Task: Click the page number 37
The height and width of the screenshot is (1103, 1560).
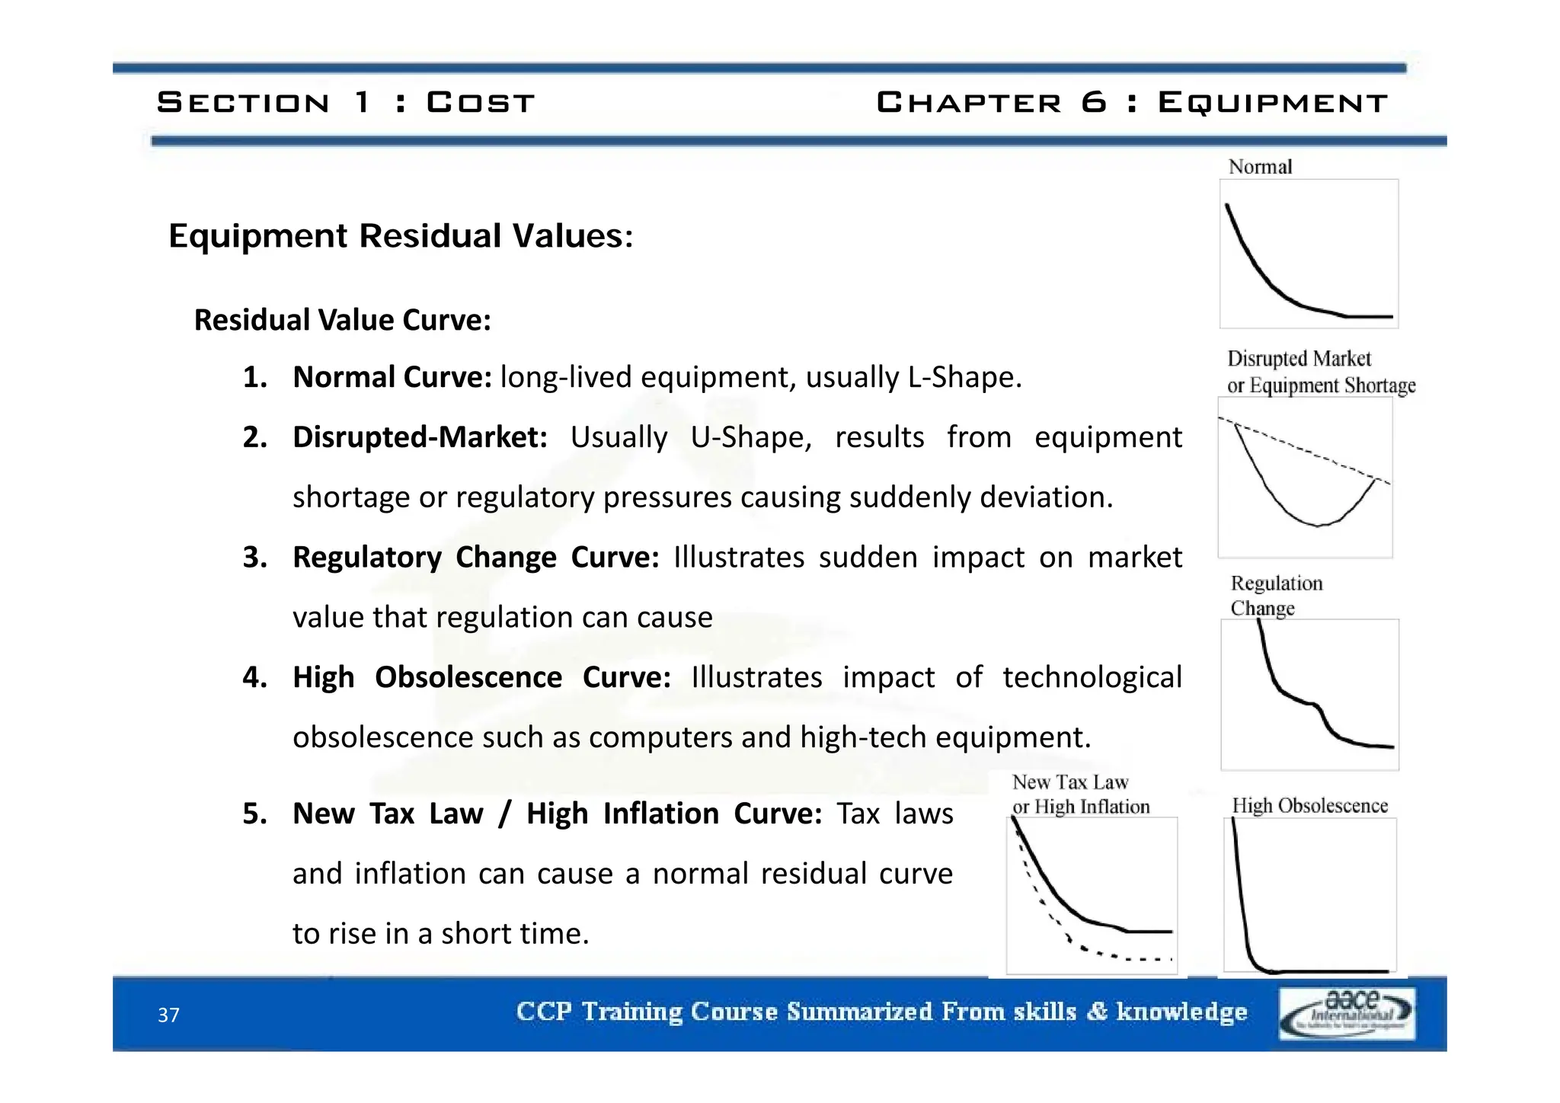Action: pyautogui.click(x=168, y=1015)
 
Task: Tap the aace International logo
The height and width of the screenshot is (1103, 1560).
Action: pyautogui.click(x=1347, y=1013)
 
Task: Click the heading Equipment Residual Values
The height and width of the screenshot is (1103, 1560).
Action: pyautogui.click(x=401, y=235)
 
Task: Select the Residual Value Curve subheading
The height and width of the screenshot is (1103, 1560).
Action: pyautogui.click(x=343, y=320)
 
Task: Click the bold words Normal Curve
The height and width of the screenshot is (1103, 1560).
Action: pyautogui.click(x=392, y=377)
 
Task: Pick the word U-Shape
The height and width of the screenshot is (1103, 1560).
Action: pyautogui.click(x=751, y=437)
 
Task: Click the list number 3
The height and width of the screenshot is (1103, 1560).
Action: pyautogui.click(x=254, y=558)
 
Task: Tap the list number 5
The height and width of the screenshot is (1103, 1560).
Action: pyautogui.click(x=254, y=814)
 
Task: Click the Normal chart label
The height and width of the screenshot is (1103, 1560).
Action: pyautogui.click(x=1260, y=167)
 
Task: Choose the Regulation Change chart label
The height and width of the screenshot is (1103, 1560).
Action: pyautogui.click(x=1276, y=596)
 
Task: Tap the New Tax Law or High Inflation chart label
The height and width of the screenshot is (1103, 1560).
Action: pyautogui.click(x=1080, y=794)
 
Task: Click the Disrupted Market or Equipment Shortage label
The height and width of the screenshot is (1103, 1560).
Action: pyautogui.click(x=1320, y=372)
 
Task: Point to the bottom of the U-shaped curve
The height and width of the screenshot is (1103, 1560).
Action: pyautogui.click(x=1319, y=525)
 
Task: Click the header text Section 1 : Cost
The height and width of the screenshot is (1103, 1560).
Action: pyautogui.click(x=346, y=102)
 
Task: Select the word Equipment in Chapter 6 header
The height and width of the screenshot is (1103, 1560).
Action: pyautogui.click(x=1273, y=102)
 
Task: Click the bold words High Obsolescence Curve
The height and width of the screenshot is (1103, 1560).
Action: pyautogui.click(x=481, y=677)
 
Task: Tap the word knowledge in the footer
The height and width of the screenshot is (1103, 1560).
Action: pyautogui.click(x=1181, y=1012)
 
